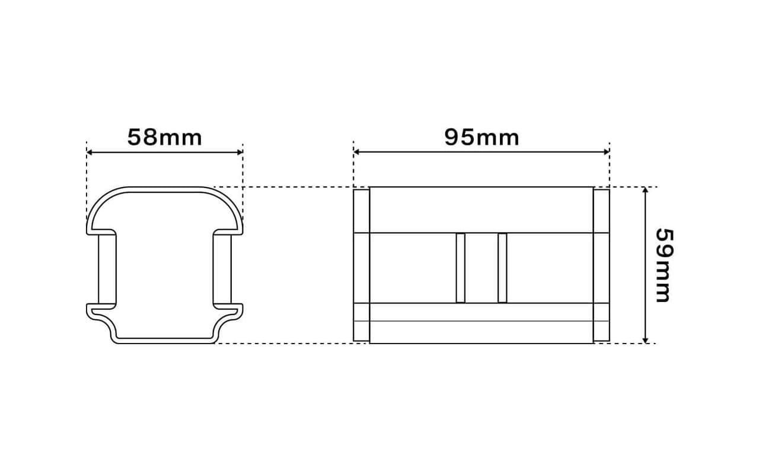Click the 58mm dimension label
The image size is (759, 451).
(x=165, y=137)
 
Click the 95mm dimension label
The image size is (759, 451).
(x=482, y=137)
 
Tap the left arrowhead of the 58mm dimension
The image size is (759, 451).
(x=90, y=153)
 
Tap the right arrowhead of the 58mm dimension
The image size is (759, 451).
(x=240, y=153)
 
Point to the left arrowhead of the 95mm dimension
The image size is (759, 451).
(x=356, y=153)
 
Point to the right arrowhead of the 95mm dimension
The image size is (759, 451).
(x=607, y=153)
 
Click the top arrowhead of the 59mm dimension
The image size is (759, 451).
(x=646, y=190)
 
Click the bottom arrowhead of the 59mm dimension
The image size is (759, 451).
(x=646, y=340)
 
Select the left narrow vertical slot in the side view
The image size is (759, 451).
(x=461, y=268)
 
